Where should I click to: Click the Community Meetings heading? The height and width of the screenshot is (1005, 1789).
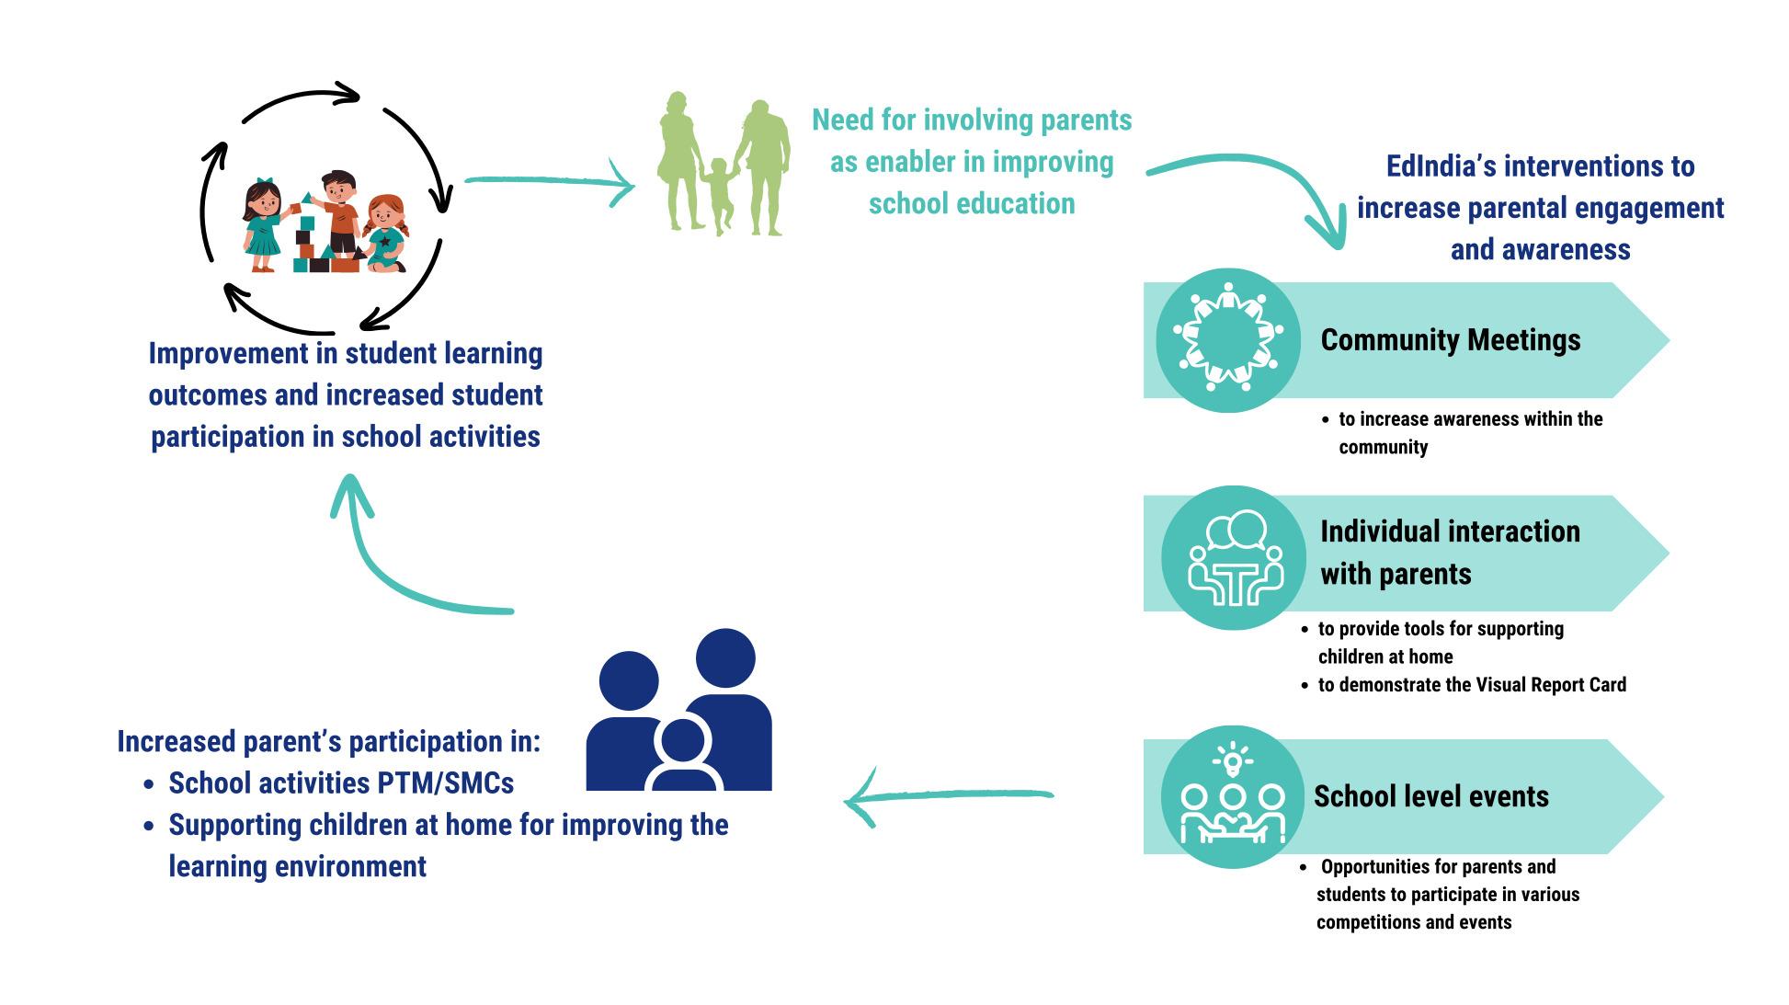(x=1450, y=340)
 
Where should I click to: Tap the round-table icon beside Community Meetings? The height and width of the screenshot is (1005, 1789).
(x=1227, y=340)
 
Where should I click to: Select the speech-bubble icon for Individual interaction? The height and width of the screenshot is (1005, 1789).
(x=1234, y=557)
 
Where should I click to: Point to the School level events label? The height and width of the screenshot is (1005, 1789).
(x=1430, y=796)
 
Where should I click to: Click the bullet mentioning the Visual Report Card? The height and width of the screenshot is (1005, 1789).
(x=1464, y=685)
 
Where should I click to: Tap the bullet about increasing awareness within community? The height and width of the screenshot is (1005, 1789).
(x=1463, y=433)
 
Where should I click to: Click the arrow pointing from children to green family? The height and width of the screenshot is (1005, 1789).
(x=550, y=183)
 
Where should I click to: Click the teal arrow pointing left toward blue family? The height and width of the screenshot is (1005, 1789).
(x=948, y=796)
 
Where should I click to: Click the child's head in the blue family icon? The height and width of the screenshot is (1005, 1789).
(x=682, y=743)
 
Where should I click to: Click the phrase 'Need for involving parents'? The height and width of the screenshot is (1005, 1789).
(x=972, y=120)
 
